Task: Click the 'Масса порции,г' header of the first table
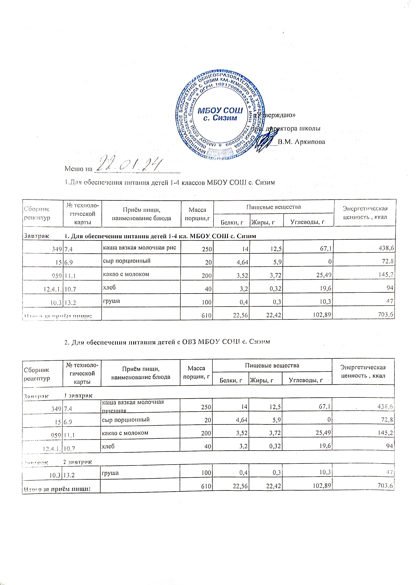pyautogui.click(x=197, y=214)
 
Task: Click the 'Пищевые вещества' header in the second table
pyautogui.click(x=272, y=365)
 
